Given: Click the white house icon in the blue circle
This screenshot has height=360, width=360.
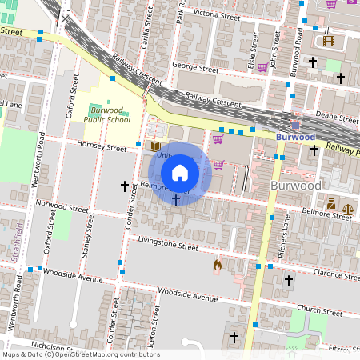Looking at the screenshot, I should [x=180, y=173].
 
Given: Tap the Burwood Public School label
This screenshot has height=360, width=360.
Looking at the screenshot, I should [x=106, y=115].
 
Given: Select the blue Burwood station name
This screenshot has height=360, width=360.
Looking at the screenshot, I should [x=295, y=137].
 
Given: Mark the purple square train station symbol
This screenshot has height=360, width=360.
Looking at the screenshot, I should [x=295, y=124].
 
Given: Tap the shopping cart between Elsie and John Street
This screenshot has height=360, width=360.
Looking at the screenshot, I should [x=331, y=4].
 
